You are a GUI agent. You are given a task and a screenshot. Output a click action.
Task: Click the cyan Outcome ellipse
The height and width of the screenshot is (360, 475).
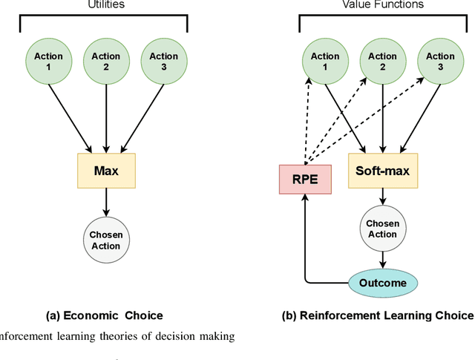click(x=382, y=283)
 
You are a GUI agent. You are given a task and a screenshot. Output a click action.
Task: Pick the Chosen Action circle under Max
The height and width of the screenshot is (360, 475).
click(x=106, y=240)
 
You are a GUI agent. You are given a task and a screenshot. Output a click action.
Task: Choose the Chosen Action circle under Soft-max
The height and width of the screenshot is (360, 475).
click(x=382, y=229)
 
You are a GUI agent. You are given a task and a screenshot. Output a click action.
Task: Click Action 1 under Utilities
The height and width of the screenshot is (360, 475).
click(x=49, y=61)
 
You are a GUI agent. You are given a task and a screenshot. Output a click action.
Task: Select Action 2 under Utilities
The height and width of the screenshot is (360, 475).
click(x=106, y=61)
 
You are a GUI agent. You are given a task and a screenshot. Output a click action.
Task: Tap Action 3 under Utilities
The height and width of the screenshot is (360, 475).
click(x=164, y=61)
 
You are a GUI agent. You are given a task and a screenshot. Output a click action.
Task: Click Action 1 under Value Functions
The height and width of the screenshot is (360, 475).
click(x=325, y=61)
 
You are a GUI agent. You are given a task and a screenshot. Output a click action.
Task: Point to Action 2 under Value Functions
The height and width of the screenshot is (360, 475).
click(x=382, y=61)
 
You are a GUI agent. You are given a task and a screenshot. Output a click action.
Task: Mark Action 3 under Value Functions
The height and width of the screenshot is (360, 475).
click(x=440, y=61)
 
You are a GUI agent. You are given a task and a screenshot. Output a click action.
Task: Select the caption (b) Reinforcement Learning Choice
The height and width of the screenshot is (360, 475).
click(x=378, y=315)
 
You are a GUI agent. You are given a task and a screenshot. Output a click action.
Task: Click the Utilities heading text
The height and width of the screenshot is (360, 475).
click(x=106, y=4)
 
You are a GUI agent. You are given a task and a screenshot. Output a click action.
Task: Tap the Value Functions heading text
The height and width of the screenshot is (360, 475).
click(x=382, y=4)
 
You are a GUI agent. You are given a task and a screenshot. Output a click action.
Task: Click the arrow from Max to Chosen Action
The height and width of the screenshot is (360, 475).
click(x=106, y=203)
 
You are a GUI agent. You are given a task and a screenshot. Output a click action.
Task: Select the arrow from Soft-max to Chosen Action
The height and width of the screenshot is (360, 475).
click(x=382, y=197)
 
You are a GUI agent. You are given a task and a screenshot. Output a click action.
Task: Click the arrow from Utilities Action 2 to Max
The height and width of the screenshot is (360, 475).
click(x=106, y=119)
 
